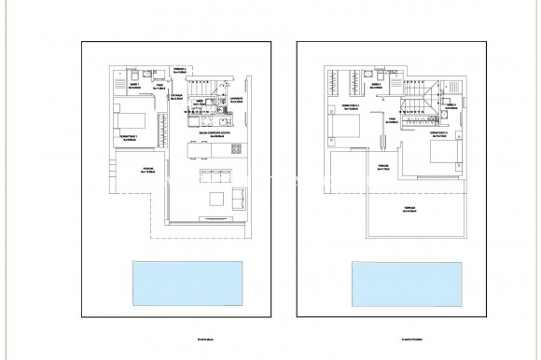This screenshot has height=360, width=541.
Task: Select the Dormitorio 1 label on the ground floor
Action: [x=128, y=137]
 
